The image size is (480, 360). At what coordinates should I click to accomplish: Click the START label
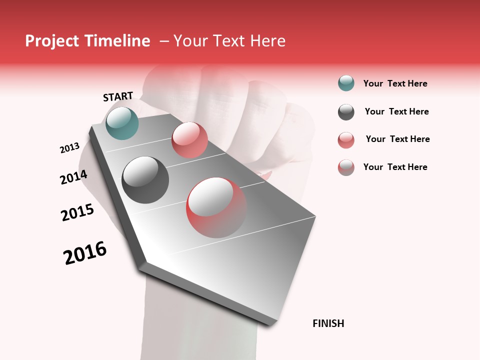tap(118, 96)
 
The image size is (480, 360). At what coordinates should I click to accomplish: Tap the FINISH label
tap(328, 323)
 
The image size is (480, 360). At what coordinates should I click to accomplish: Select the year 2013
tap(70, 148)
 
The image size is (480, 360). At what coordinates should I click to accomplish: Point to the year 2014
tap(74, 177)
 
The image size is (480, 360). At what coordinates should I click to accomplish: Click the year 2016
tap(85, 253)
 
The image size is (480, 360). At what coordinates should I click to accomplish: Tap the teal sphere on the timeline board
tap(122, 123)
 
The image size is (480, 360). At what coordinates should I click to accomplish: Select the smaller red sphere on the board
tap(189, 140)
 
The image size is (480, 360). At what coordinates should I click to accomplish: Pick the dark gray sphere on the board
tap(145, 180)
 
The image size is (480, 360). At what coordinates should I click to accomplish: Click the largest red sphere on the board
tap(216, 207)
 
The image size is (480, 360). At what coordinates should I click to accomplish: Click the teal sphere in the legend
tap(346, 83)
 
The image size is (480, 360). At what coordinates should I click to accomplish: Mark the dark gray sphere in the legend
tap(346, 112)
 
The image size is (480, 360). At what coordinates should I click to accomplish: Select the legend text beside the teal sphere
tap(395, 83)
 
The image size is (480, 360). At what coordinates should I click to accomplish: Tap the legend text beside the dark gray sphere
tap(396, 111)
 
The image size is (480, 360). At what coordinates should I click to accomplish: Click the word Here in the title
tap(267, 41)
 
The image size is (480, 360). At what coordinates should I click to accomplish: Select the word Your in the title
tap(189, 41)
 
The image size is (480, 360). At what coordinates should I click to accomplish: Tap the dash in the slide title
tap(164, 41)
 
